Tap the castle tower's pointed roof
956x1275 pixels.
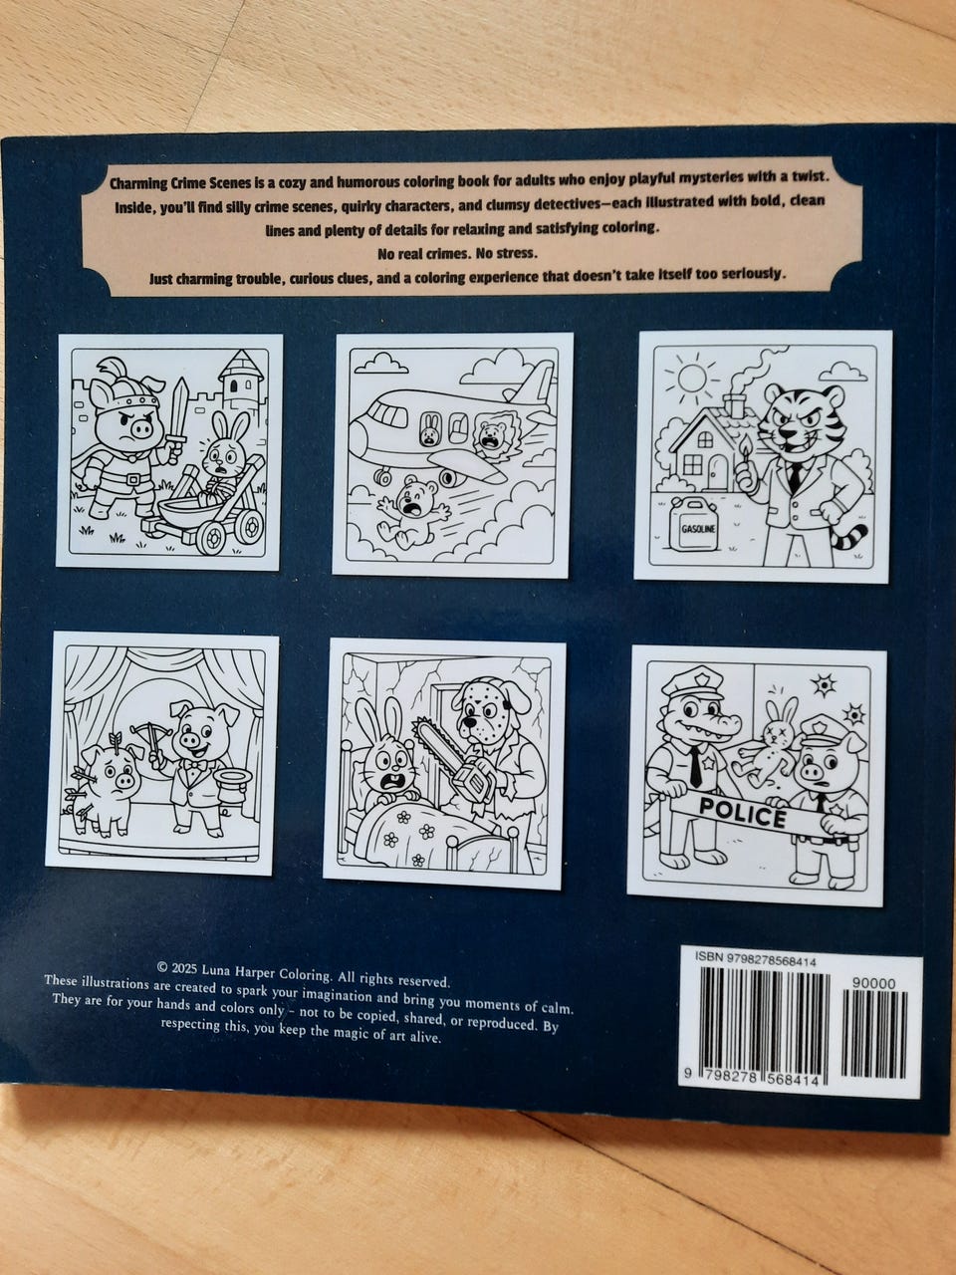(x=241, y=365)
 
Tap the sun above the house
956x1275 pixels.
(x=692, y=377)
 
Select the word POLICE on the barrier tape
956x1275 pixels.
(x=743, y=812)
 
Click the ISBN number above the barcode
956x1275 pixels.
(x=755, y=962)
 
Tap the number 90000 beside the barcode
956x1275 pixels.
(x=873, y=983)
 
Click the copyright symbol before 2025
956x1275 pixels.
(x=162, y=967)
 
